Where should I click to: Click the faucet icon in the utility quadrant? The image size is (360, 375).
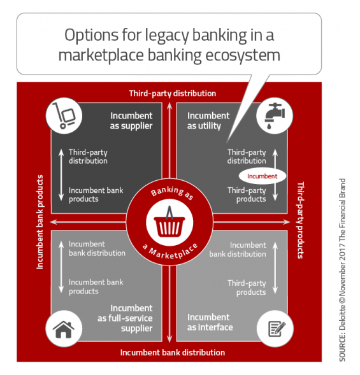point(275,115)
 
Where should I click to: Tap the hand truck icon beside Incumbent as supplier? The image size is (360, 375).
point(64,115)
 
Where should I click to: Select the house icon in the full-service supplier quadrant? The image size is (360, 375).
point(64,329)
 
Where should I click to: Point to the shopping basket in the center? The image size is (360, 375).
point(169,222)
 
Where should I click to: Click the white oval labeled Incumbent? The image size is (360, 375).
point(263,176)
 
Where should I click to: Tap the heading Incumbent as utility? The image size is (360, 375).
point(208,120)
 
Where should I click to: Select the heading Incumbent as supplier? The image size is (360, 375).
point(131,120)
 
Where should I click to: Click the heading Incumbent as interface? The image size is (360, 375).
point(210,322)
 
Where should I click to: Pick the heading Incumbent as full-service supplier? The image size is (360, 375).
point(125,318)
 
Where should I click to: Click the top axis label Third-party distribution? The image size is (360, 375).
point(172,93)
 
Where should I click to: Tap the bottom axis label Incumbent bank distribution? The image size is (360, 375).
point(172,352)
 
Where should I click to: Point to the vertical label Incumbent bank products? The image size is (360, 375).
point(40,222)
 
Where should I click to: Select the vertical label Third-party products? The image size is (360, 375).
point(300,220)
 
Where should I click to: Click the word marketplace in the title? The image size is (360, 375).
point(101,55)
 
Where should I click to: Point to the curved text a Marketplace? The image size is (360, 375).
point(170,251)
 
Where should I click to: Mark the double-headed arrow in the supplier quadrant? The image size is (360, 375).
point(61,175)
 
